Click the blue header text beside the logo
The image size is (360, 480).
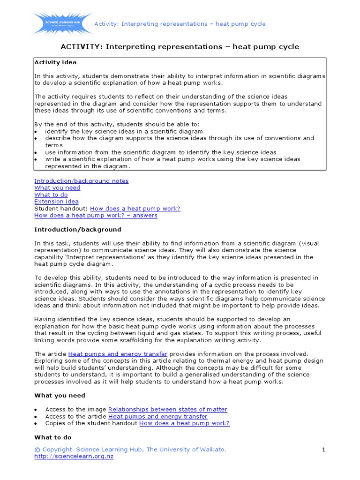pyautogui.click(x=180, y=24)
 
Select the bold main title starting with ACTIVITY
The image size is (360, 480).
pyautogui.click(x=180, y=47)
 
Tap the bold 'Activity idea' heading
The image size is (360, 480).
pyautogui.click(x=55, y=62)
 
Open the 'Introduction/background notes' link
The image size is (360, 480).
pyautogui.click(x=81, y=180)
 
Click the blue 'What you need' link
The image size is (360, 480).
pyautogui.click(x=57, y=187)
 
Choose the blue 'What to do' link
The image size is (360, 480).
pyautogui.click(x=51, y=195)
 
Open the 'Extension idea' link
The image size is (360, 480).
pyautogui.click(x=56, y=202)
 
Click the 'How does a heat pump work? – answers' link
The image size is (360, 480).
pyautogui.click(x=96, y=215)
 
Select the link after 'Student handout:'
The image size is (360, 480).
pyautogui.click(x=135, y=209)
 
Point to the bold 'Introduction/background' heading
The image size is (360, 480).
pyautogui.click(x=77, y=230)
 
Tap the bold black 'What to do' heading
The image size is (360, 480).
pyautogui.click(x=52, y=437)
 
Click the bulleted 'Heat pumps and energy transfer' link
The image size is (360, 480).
pyautogui.click(x=157, y=416)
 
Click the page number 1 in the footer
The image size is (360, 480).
pyautogui.click(x=323, y=450)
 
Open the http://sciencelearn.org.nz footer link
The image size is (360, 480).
pyautogui.click(x=74, y=457)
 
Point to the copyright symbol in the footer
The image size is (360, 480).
pyautogui.click(x=37, y=450)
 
